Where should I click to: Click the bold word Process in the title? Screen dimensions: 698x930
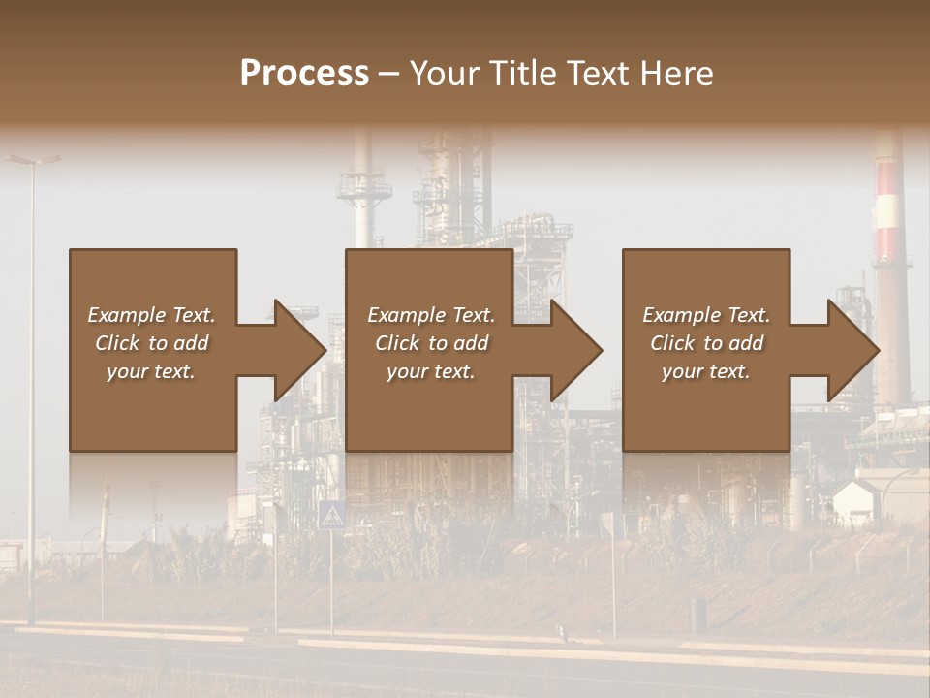[304, 73]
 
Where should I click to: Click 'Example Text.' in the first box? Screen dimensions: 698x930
[151, 315]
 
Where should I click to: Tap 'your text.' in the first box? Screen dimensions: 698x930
[151, 371]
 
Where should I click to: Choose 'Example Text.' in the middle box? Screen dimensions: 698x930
[431, 315]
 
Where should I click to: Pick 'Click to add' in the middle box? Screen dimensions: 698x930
[431, 343]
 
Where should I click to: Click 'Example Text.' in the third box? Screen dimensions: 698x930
[706, 315]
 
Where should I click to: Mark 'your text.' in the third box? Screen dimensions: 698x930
[706, 371]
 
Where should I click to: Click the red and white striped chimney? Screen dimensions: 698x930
[887, 213]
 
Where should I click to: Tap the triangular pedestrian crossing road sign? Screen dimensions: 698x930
[332, 515]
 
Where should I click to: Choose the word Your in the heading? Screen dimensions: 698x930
[443, 73]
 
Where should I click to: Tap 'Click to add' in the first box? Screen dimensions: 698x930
[151, 343]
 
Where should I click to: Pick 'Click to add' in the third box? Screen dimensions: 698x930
[706, 343]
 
